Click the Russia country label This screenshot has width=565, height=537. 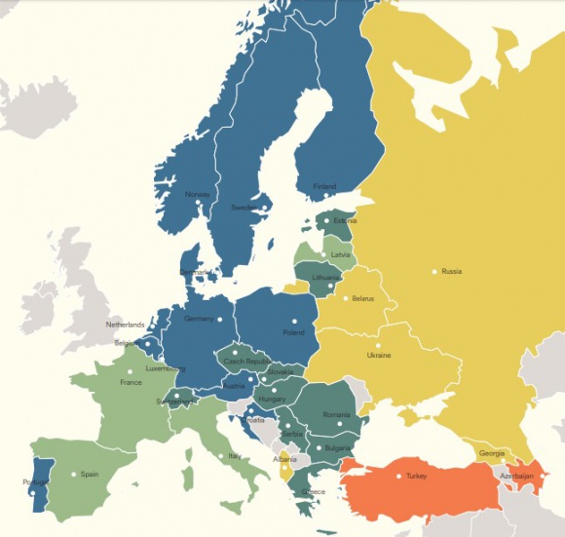pos(452,271)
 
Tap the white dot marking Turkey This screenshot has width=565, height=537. pos(398,476)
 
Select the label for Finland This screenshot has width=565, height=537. pos(324,186)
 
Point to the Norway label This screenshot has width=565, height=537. pos(197,193)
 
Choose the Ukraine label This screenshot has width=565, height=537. pos(379,356)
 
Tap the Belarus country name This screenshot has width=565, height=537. pos(362,298)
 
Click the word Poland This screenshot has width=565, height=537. pos(293,332)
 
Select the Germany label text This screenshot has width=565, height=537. pos(199,319)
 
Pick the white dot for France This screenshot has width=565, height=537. pos(130,371)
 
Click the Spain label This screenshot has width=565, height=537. pos(90,475)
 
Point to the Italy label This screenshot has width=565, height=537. pos(234,456)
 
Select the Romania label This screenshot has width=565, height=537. pos(336,415)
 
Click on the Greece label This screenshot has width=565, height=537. pos(313,491)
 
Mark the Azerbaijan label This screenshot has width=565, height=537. pos(517,476)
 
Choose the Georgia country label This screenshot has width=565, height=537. pos(492,453)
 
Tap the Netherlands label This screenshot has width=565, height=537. pos(125,325)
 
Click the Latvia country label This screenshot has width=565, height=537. pos(341,254)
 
